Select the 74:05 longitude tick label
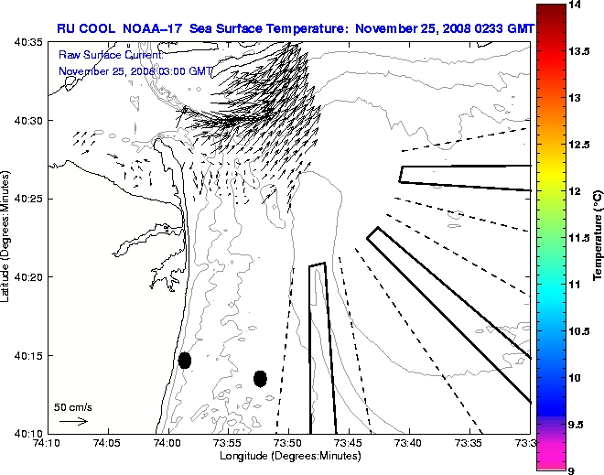tap(108, 443)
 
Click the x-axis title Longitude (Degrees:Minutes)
tap(287, 455)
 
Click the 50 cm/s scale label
tap(73, 406)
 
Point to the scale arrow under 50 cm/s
tap(73, 421)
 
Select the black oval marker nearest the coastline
tap(185, 360)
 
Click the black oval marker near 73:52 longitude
tap(260, 378)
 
